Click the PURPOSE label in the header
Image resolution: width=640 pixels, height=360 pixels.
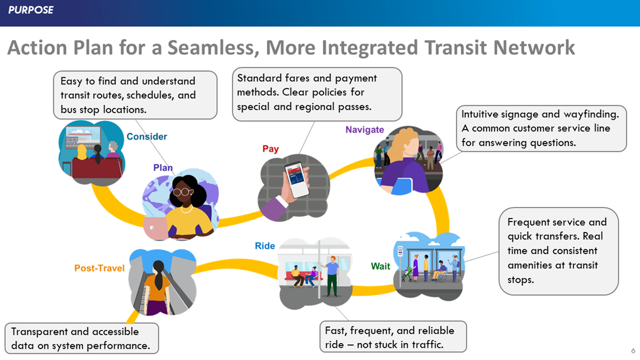pos(31,10)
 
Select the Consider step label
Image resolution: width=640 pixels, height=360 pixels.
pos(147,137)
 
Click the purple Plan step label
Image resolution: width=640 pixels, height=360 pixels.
pos(163,167)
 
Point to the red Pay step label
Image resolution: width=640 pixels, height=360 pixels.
pos(271,149)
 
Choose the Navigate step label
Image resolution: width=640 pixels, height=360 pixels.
pos(364,130)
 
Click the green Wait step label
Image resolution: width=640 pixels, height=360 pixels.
pos(381,266)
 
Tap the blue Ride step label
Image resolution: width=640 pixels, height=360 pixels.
pos(265,246)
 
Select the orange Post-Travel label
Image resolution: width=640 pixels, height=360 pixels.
pos(99,268)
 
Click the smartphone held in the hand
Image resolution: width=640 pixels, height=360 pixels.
pos(297,179)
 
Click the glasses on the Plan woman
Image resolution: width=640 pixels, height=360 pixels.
pos(183,191)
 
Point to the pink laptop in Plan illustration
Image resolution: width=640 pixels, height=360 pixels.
pos(155,229)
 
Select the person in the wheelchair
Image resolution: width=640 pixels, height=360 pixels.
pos(441,270)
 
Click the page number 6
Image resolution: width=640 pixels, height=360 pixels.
pos(633,351)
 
